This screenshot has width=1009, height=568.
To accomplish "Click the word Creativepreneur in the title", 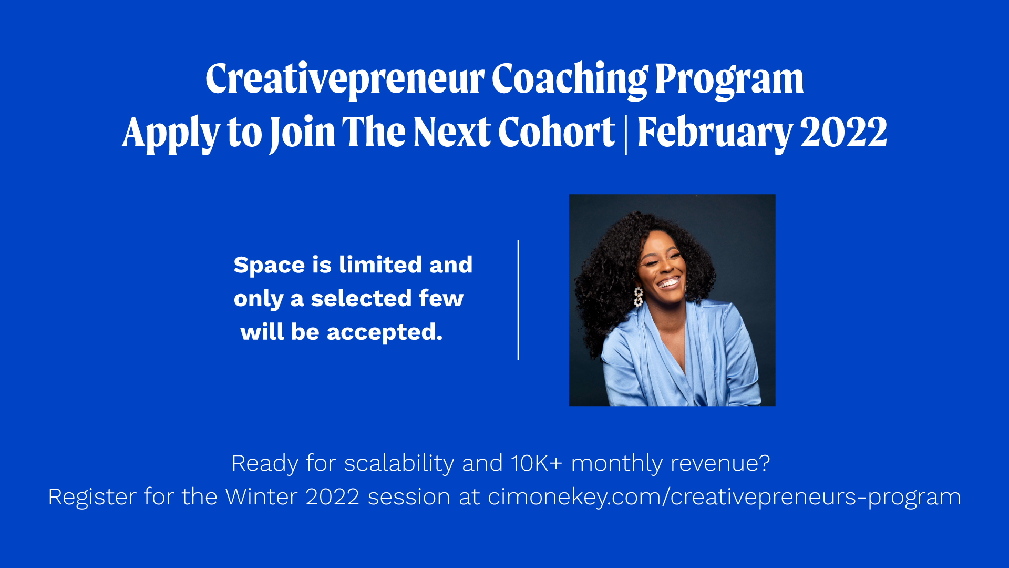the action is click(x=345, y=79).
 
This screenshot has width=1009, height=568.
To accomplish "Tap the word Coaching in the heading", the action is click(x=570, y=79).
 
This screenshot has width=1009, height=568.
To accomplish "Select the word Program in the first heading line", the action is click(x=729, y=79).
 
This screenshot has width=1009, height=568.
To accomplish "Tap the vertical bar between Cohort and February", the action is click(x=626, y=134).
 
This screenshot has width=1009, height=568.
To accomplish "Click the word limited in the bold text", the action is click(x=380, y=264).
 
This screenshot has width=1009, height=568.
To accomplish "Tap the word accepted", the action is click(x=385, y=332).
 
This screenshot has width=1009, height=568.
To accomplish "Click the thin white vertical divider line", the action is click(x=518, y=300).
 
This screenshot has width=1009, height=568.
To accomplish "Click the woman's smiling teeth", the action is click(x=670, y=283).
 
